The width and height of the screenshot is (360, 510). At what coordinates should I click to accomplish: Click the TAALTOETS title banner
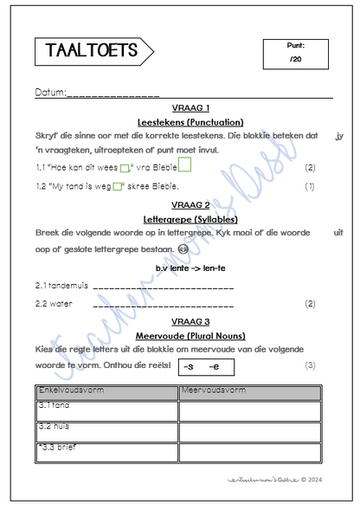92,52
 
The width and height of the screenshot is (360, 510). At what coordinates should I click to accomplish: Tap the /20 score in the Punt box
296,59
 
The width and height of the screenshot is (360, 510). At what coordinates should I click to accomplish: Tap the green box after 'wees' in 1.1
125,168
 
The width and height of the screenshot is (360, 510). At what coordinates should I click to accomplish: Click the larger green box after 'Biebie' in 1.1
184,165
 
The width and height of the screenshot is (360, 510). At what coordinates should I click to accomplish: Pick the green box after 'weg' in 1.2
118,185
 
